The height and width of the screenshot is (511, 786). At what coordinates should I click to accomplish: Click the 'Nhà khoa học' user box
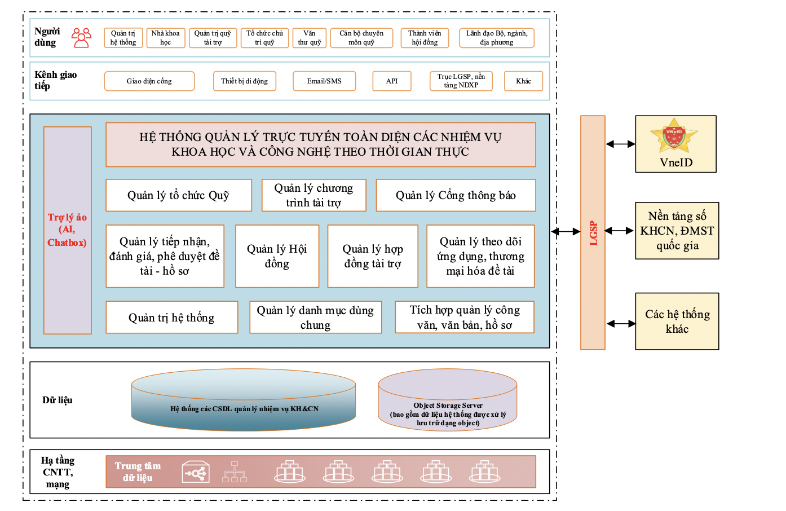coord(165,38)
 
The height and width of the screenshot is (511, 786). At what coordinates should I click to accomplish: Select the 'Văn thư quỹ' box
coord(309,38)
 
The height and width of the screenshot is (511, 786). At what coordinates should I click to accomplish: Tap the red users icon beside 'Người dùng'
coord(81,38)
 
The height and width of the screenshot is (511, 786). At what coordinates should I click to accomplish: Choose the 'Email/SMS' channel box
coord(324,81)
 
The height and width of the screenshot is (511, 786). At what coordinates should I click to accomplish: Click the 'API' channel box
coord(392,81)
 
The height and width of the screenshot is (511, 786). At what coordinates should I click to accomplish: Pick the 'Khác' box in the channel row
coord(523,81)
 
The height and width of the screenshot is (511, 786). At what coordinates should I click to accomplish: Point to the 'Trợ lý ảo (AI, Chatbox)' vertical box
coord(68,230)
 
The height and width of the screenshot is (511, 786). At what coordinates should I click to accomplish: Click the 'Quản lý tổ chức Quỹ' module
coord(179,195)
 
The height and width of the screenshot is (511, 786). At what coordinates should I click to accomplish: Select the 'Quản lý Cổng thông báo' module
coord(456,195)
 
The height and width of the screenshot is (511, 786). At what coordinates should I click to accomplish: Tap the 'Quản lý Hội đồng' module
coord(277,256)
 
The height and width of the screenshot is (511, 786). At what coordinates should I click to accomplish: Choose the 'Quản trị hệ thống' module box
coord(171,318)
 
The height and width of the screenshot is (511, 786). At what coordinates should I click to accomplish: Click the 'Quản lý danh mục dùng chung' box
coord(315,318)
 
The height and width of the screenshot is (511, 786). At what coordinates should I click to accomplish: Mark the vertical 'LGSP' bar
coord(593,232)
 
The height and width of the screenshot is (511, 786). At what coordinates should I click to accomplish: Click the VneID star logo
coord(674,135)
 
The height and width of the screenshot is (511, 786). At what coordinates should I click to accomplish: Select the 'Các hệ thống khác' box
coord(677,321)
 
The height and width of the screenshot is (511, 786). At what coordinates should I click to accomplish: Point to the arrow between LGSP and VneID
coord(620,144)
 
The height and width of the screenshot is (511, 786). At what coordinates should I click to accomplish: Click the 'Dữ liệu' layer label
coord(58,400)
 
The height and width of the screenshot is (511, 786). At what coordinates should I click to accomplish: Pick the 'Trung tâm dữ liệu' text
coord(138,472)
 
